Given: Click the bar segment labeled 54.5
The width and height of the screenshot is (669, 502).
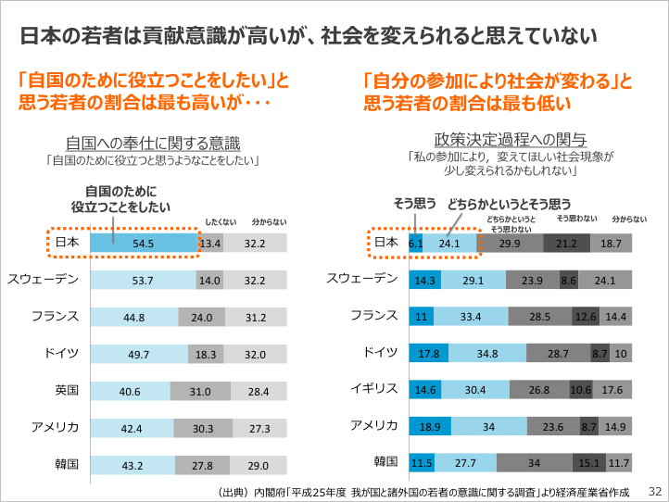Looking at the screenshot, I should point(144,243).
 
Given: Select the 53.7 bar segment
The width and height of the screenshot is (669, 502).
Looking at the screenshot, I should point(144,280).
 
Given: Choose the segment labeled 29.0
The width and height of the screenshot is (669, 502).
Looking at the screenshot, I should point(259,466).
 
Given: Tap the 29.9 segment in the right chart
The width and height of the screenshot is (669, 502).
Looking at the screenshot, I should point(510,244).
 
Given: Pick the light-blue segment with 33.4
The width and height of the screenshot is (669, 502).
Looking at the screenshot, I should point(471,317).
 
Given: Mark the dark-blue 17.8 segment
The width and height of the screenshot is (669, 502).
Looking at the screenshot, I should point(429,353).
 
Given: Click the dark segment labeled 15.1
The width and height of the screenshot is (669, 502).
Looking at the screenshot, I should point(589,462).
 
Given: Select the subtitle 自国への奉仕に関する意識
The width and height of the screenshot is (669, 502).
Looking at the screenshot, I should point(153,143).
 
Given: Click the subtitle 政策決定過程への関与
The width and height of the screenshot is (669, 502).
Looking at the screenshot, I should point(511,140).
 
